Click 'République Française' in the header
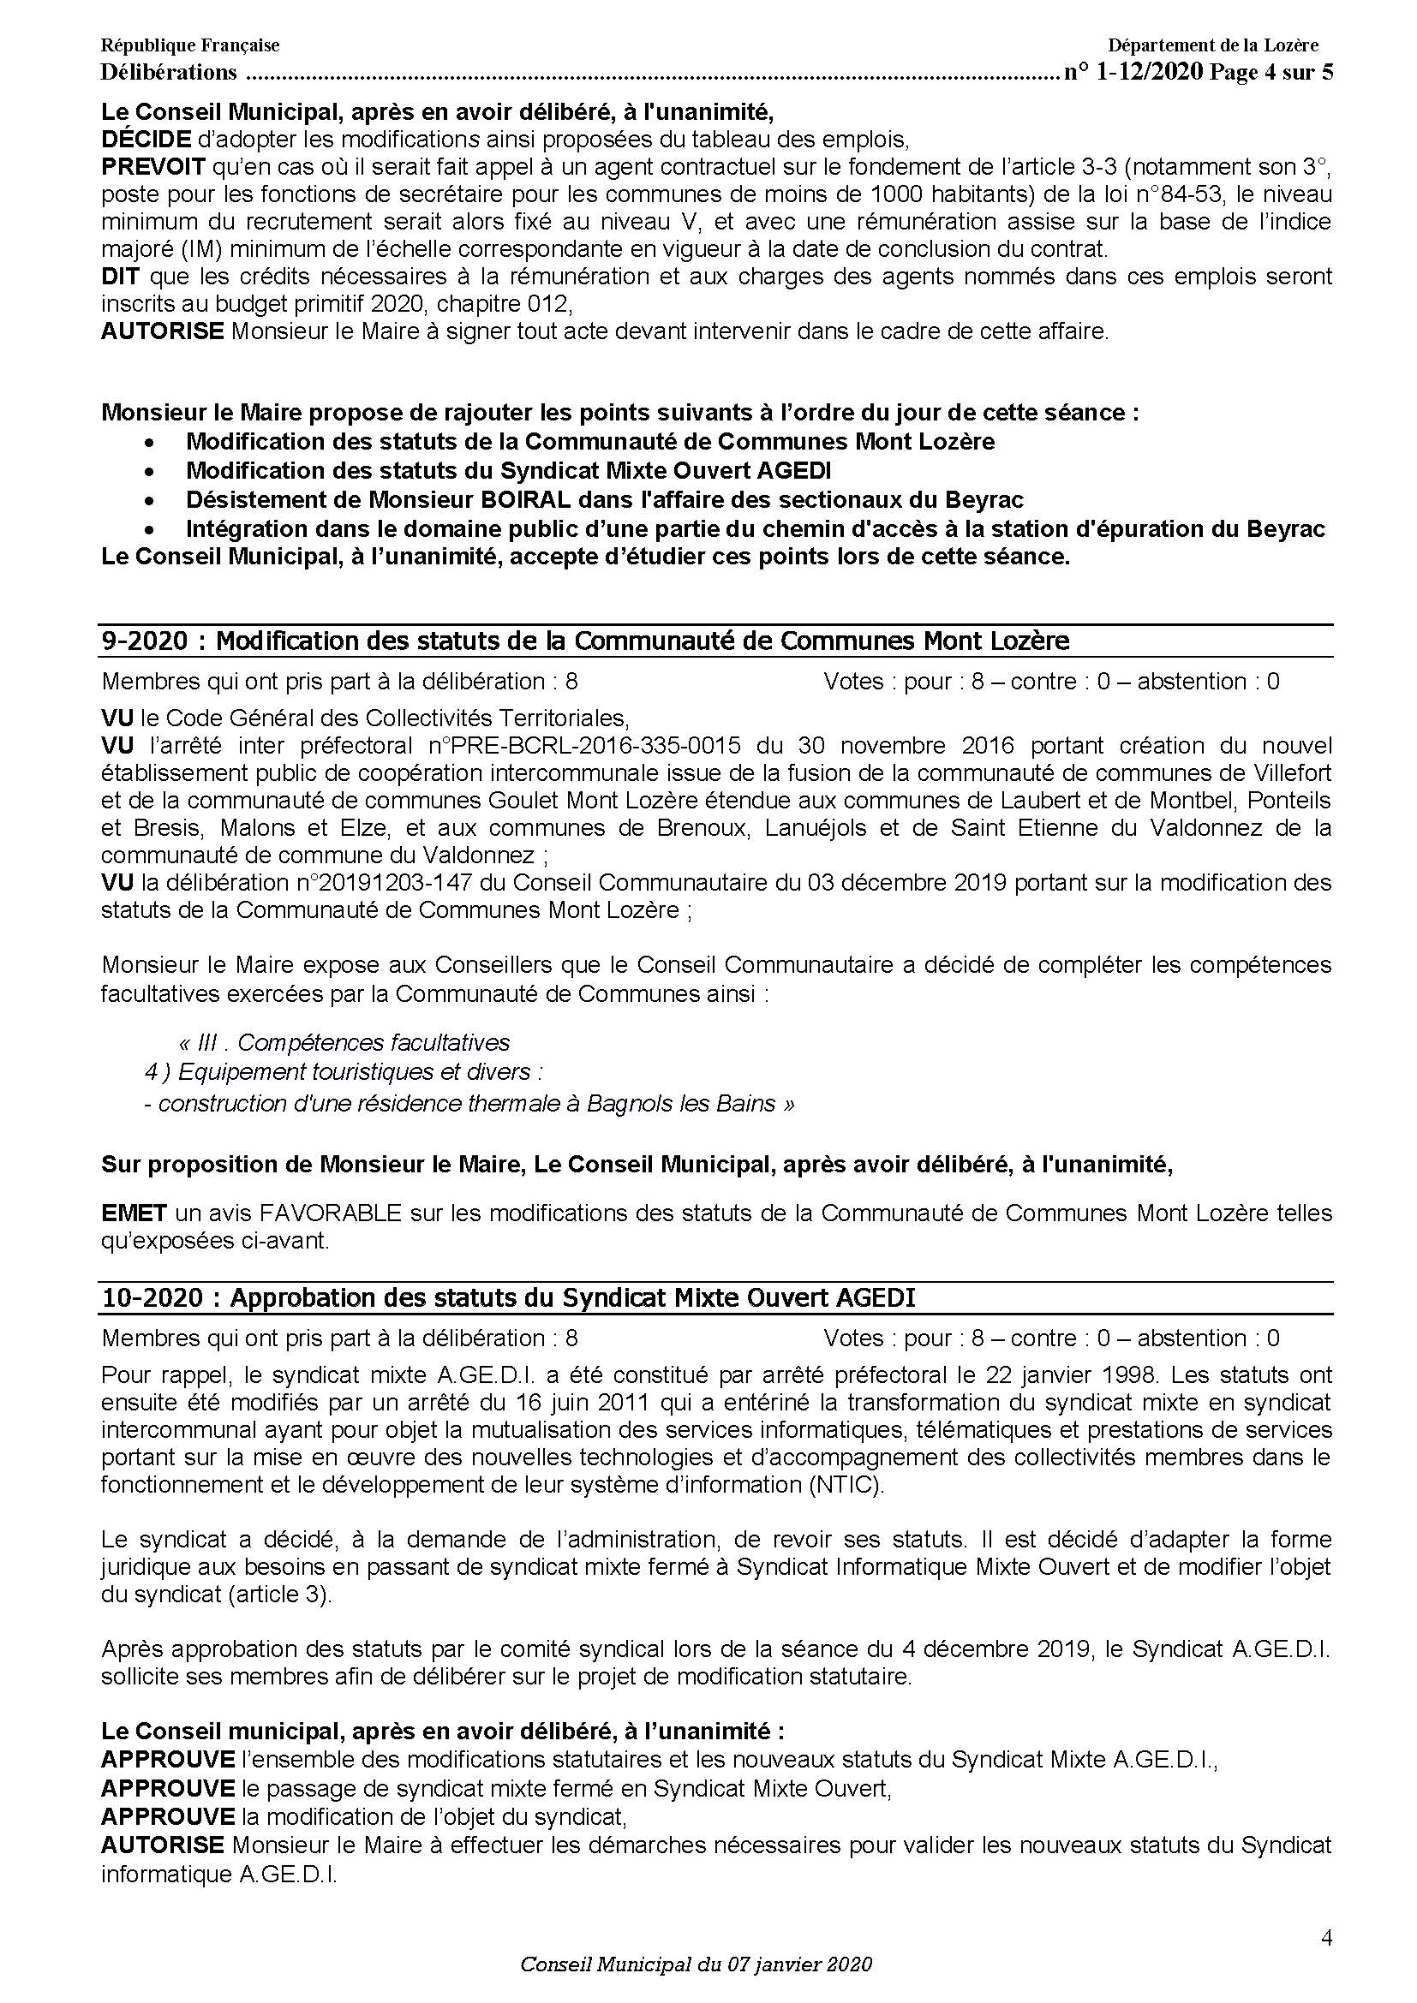pyautogui.click(x=189, y=45)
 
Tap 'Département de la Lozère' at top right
pyautogui.click(x=1213, y=45)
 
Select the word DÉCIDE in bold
pyautogui.click(x=146, y=140)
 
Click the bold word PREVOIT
pyautogui.click(x=153, y=167)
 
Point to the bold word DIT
pyautogui.click(x=121, y=277)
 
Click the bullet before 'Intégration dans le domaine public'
pyautogui.click(x=152, y=529)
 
